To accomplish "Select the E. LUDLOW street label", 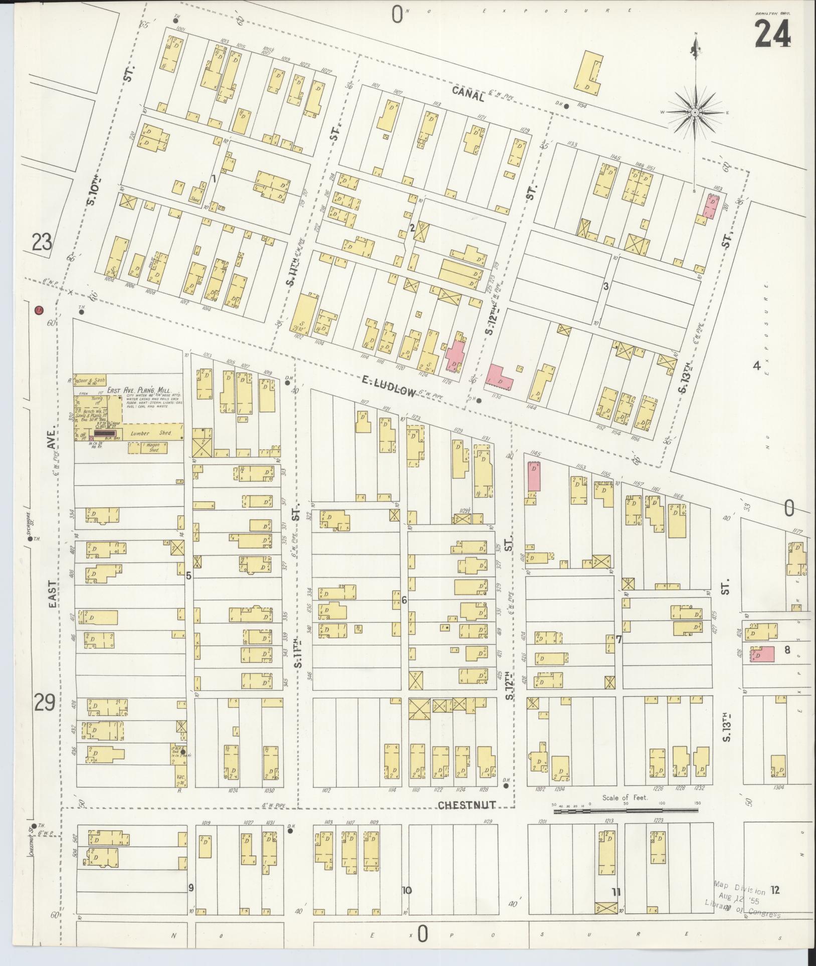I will coord(388,387).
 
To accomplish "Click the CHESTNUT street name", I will coord(466,805).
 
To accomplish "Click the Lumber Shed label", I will coord(151,433).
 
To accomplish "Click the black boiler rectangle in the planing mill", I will coord(105,432).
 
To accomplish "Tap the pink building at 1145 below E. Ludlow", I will coord(534,476).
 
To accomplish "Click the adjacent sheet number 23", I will coord(42,244).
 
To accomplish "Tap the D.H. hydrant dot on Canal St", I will coord(566,106).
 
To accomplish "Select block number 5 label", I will coord(188,575).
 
